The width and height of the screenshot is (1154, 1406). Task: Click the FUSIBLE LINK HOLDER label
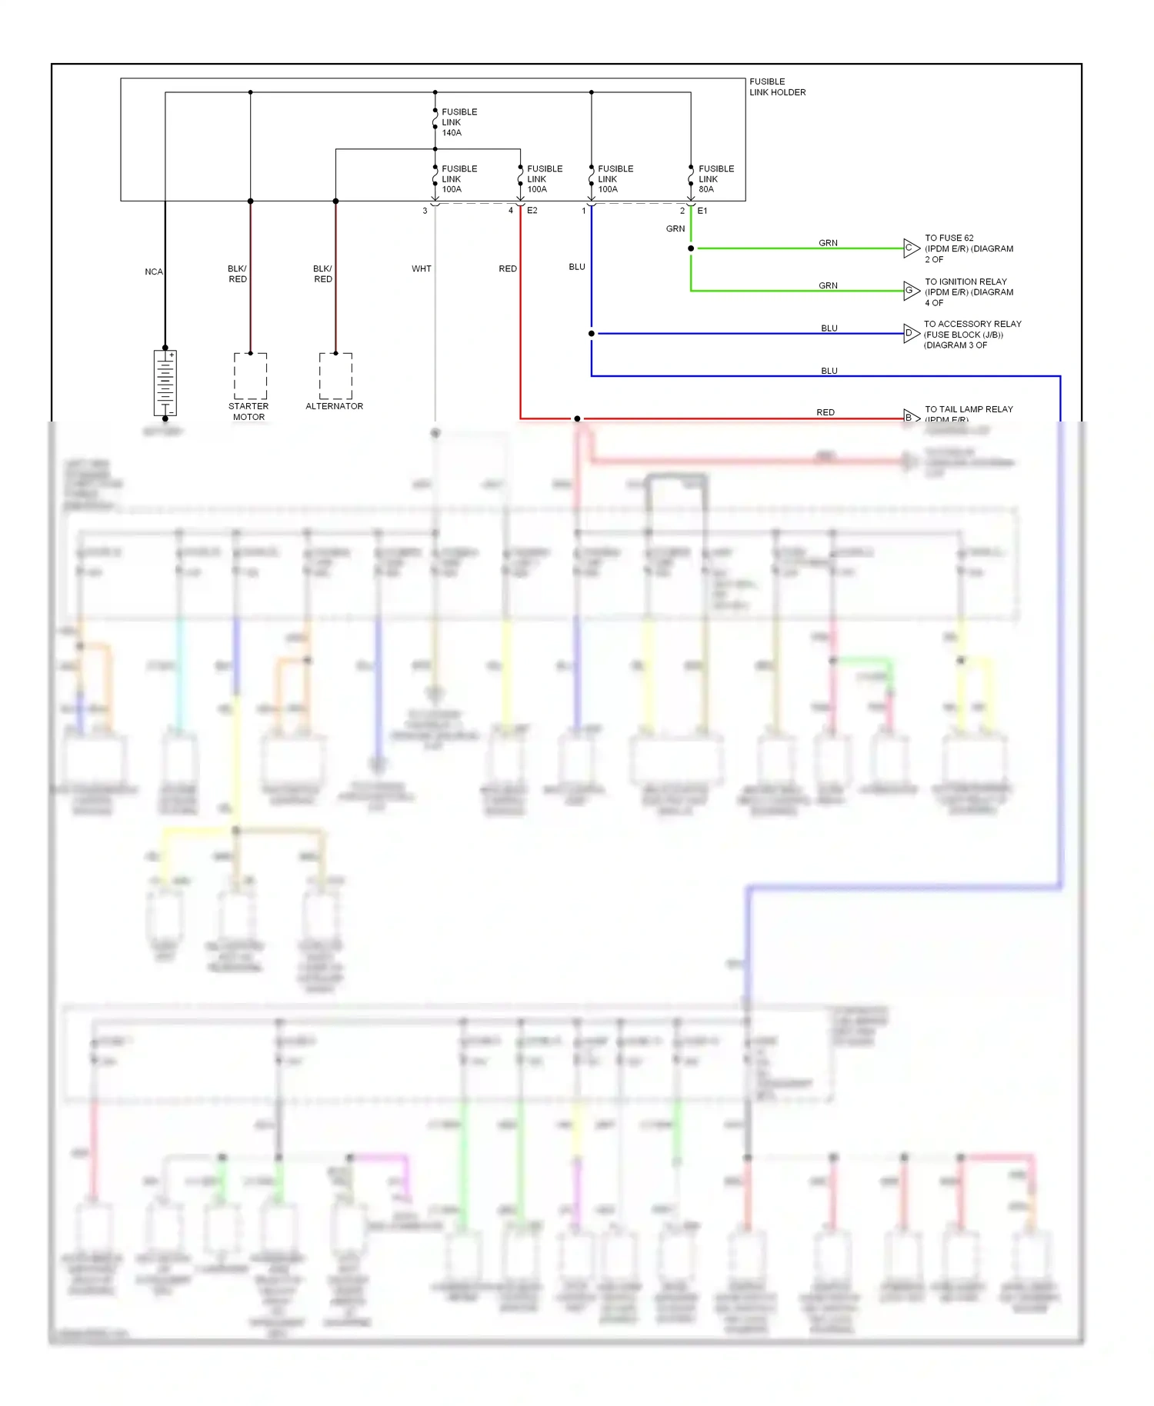[x=777, y=87]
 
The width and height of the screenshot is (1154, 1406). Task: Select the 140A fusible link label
[x=459, y=122]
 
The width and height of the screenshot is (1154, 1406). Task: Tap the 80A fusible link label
[x=715, y=178]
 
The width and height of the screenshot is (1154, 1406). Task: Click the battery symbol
[x=165, y=382]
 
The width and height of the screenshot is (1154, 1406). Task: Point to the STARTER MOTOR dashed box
[x=251, y=375]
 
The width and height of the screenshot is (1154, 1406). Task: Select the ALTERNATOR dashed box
[x=335, y=375]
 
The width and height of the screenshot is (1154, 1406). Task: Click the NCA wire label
[x=154, y=272]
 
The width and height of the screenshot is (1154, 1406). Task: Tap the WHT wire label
[x=421, y=268]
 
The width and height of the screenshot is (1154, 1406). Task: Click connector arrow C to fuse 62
[x=911, y=248]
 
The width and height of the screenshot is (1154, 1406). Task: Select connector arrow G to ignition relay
[x=911, y=291]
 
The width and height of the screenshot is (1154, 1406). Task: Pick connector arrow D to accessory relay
[x=911, y=333]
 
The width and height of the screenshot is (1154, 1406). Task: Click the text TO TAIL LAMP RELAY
[x=969, y=409]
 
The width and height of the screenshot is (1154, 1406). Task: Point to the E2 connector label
[x=532, y=211]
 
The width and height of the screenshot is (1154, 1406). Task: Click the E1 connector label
[x=702, y=211]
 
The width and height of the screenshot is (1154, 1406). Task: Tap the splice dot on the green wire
[x=691, y=248]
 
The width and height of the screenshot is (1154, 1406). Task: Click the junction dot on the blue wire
[x=592, y=334]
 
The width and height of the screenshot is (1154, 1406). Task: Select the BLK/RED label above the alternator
[x=323, y=274]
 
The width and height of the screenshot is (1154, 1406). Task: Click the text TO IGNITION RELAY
[x=966, y=282]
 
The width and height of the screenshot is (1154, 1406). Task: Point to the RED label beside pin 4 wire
[x=508, y=268]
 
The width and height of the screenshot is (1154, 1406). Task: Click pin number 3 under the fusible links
[x=425, y=211]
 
